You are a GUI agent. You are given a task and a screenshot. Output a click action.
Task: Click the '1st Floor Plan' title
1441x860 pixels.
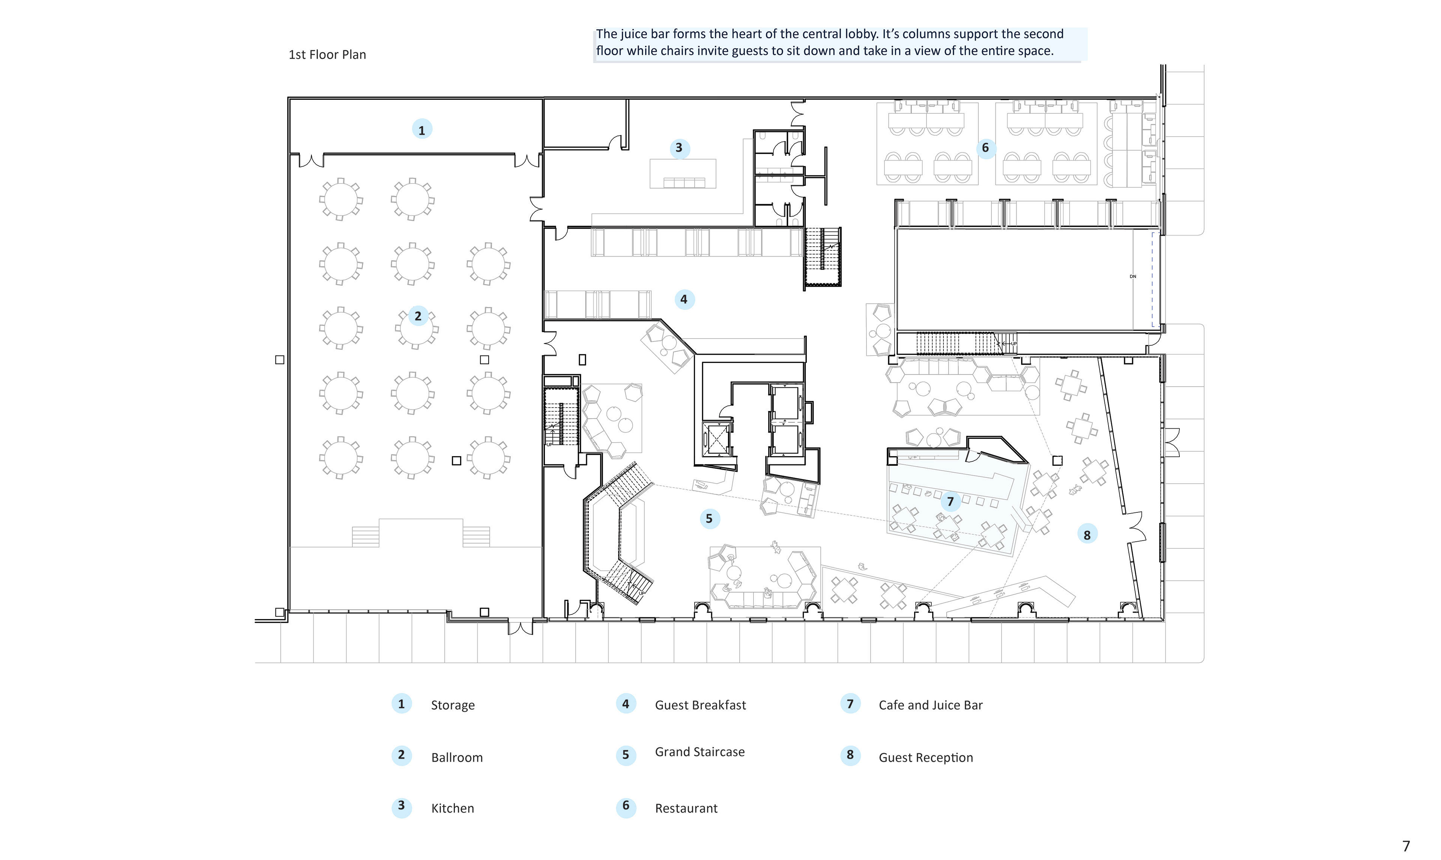tap(327, 54)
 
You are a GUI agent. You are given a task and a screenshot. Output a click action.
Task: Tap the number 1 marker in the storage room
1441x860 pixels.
tap(422, 130)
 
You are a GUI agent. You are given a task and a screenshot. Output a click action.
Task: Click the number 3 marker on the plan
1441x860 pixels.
tap(679, 148)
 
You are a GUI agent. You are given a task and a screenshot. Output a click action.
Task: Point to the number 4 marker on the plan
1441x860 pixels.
tap(684, 299)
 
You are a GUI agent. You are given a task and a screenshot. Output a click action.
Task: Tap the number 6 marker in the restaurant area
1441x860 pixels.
tap(985, 148)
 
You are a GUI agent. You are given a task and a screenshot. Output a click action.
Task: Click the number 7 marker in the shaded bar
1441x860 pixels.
tap(950, 501)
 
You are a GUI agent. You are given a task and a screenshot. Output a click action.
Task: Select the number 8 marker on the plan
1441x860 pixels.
tap(1087, 535)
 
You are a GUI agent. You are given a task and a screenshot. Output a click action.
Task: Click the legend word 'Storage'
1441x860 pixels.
tap(453, 705)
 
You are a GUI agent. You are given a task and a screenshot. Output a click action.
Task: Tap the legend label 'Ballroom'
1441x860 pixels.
tap(457, 758)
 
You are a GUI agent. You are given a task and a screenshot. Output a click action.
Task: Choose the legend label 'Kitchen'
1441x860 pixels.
tap(452, 809)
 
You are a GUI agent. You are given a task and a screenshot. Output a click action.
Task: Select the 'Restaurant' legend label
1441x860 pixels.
tap(686, 809)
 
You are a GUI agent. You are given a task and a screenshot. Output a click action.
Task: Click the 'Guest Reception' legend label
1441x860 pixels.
tap(925, 758)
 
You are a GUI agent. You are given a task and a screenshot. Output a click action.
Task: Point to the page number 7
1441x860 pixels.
tap(1406, 846)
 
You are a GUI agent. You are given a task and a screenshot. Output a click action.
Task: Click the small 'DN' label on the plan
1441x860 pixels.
tap(1133, 276)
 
